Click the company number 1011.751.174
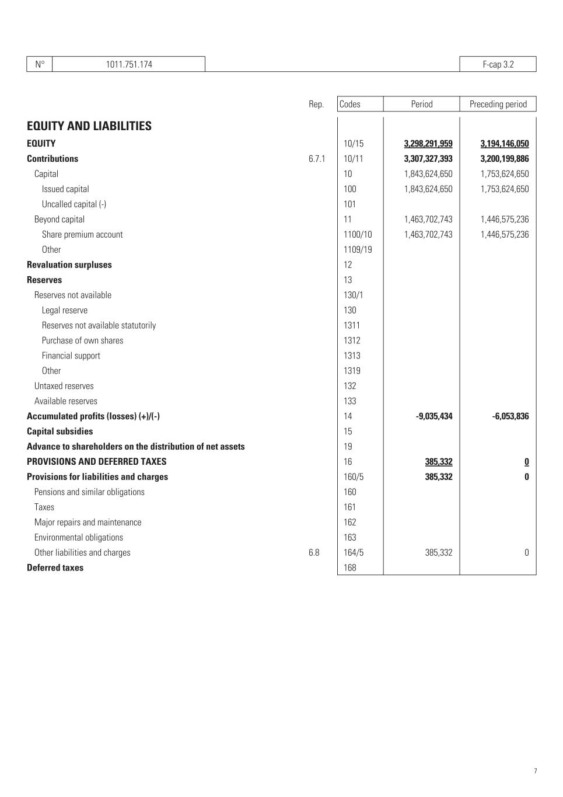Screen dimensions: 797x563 pyautogui.click(x=129, y=64)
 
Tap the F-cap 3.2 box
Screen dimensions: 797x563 pyautogui.click(x=498, y=64)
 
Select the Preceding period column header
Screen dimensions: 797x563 pyautogui.click(x=498, y=104)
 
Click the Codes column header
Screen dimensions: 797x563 pyautogui.click(x=350, y=104)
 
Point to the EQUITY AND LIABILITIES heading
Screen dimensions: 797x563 pyautogui.click(x=89, y=126)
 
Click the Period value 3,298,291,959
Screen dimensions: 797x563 pyautogui.click(x=428, y=144)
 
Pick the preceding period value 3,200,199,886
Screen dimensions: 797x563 pyautogui.click(x=504, y=159)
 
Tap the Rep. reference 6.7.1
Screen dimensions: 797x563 pyautogui.click(x=317, y=159)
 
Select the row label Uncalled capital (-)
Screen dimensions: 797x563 pyautogui.click(x=74, y=204)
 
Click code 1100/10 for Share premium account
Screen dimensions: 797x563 pyautogui.click(x=358, y=235)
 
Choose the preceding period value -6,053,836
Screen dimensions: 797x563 pyautogui.click(x=510, y=416)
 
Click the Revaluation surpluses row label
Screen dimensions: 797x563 pyautogui.click(x=69, y=265)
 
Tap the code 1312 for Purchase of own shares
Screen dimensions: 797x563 pyautogui.click(x=352, y=340)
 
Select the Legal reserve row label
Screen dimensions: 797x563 pyautogui.click(x=65, y=311)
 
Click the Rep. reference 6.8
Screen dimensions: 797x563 pyautogui.click(x=314, y=552)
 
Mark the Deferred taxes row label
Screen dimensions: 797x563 pyautogui.click(x=55, y=568)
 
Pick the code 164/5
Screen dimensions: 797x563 pyautogui.click(x=354, y=552)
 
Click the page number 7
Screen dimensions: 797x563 pyautogui.click(x=535, y=771)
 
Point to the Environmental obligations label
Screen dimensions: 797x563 pyautogui.click(x=79, y=537)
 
